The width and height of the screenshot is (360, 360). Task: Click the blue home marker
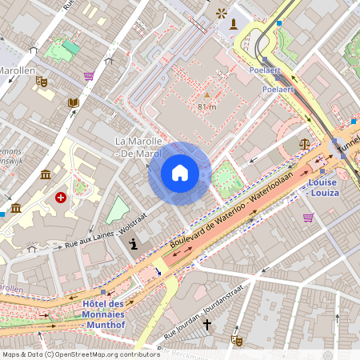(179, 173)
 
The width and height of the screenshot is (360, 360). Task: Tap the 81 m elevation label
(206, 106)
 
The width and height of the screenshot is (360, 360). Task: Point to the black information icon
(133, 244)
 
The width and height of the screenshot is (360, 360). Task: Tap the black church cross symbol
(206, 325)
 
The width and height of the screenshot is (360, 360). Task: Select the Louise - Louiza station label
(323, 187)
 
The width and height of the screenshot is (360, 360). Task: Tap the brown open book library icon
(74, 103)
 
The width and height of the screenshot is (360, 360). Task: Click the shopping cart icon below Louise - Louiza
(308, 217)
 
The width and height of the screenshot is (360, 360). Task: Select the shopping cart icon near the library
(89, 76)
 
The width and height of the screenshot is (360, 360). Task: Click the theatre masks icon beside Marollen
(42, 82)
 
